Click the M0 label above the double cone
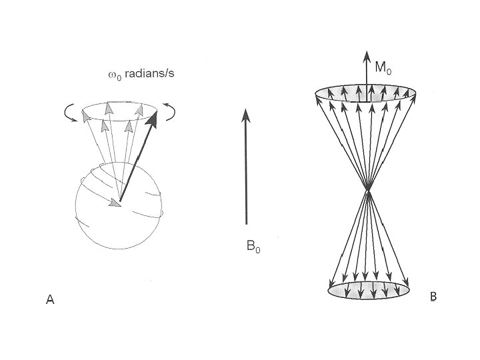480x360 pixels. (x=382, y=67)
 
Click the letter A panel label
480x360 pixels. (x=49, y=301)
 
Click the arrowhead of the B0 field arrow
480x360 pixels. (x=246, y=116)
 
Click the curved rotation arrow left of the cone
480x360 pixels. (x=69, y=115)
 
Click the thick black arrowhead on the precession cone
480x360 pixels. (x=153, y=119)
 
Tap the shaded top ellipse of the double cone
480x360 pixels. (x=367, y=95)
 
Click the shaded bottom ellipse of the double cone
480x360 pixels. (x=368, y=289)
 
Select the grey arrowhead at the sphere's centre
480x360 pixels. (x=116, y=203)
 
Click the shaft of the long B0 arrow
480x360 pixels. (x=246, y=173)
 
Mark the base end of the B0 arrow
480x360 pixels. (x=246, y=223)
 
